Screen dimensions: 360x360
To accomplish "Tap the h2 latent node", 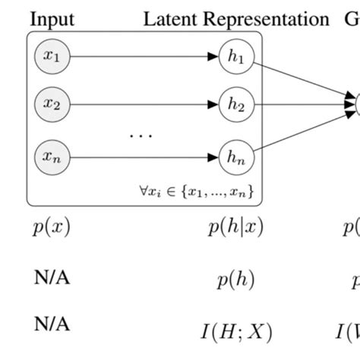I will pos(235,104).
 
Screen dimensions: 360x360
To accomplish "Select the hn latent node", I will pos(235,157).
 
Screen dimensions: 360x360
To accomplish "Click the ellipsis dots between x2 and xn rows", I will pos(141,136).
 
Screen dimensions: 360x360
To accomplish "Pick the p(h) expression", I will pos(235,280).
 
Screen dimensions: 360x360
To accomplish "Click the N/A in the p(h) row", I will pos(52,279).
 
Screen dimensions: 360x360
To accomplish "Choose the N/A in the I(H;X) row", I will pos(52,324).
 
